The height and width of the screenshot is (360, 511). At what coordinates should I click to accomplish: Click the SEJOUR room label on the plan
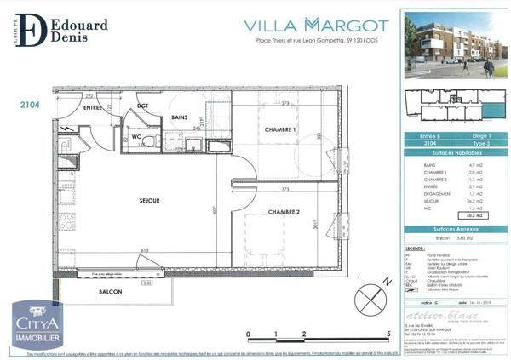point(127,202)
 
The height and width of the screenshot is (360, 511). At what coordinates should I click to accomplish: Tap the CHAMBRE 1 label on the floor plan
point(280,129)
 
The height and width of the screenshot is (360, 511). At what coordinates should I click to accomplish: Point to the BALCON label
point(110,292)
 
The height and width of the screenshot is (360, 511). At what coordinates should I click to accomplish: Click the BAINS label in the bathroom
point(179,117)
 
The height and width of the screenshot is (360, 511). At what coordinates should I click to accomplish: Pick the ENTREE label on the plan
point(92,108)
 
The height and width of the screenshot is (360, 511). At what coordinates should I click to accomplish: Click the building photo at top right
point(452,45)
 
